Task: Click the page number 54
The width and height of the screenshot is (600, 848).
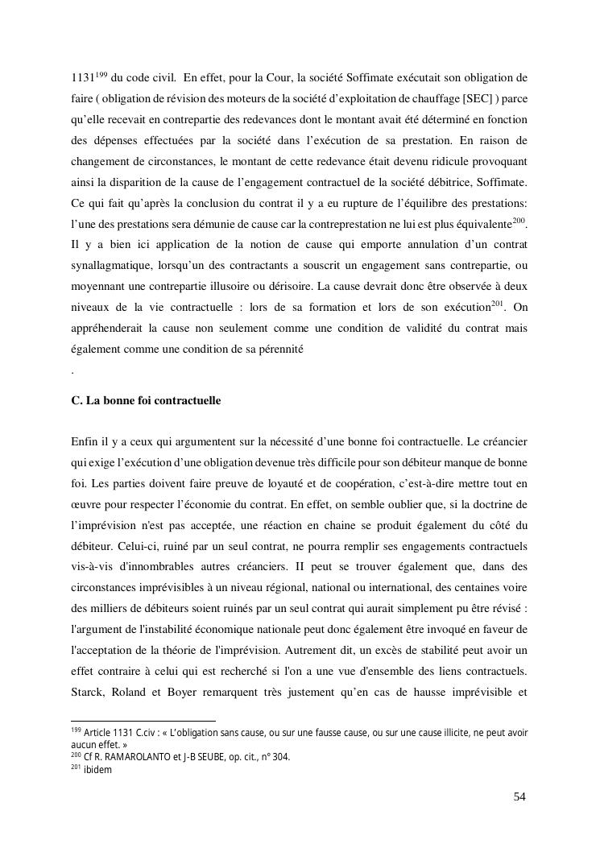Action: coord(519,796)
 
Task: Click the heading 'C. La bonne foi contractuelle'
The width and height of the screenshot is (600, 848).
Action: coord(146,400)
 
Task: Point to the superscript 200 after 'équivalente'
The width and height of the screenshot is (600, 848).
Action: coord(519,218)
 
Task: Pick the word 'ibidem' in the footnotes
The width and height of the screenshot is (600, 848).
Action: coord(97,770)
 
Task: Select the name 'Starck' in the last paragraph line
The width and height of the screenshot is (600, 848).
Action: coord(87,692)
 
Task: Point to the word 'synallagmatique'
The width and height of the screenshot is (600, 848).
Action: coord(110,265)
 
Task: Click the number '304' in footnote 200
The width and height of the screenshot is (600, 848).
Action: coord(282,757)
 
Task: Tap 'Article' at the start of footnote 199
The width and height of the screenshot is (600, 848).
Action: coord(101,734)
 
